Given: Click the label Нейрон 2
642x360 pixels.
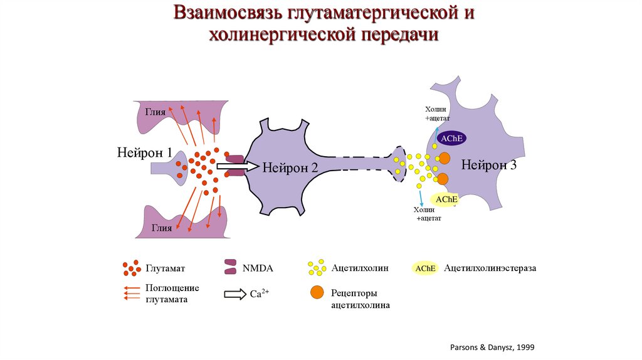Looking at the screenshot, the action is [290, 167].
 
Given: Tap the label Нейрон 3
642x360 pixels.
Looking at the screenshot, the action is [489, 165].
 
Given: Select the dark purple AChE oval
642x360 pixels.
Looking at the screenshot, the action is [451, 139].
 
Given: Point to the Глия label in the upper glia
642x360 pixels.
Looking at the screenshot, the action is [155, 112].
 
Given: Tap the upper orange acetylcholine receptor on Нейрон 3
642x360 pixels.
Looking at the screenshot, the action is [444, 159].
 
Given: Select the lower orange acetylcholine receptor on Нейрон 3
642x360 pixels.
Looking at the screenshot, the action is [442, 179].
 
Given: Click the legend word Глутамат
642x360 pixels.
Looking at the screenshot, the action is [166, 268].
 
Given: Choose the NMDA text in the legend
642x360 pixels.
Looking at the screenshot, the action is [258, 268].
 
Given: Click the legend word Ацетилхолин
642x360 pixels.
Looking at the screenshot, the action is [360, 268].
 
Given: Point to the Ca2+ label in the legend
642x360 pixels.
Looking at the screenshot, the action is [260, 293].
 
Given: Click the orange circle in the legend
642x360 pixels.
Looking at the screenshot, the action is [317, 292].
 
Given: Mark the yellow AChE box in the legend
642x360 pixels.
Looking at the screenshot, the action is [424, 268].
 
